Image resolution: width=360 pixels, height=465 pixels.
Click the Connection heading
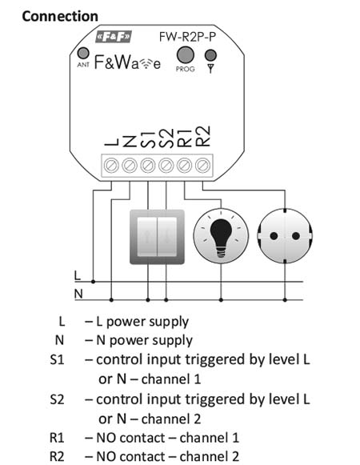(60, 16)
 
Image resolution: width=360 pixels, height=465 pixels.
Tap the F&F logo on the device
(114, 37)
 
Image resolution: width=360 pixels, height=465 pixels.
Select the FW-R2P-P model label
(187, 37)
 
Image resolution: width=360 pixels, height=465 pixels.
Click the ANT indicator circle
(83, 54)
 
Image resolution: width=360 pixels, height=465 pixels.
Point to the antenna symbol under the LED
(210, 68)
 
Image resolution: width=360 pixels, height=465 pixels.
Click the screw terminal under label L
(111, 165)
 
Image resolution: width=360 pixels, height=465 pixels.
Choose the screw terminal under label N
(130, 165)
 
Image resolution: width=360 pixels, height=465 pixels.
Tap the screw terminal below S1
(148, 165)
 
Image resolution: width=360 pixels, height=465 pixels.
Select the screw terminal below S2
(166, 165)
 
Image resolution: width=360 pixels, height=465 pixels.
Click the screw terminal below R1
(184, 165)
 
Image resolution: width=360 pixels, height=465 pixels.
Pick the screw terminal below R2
(202, 165)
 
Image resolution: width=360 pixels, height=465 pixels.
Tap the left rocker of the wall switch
(146, 237)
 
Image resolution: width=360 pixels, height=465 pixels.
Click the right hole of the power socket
(296, 236)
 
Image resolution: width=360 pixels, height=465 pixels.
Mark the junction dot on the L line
(93, 282)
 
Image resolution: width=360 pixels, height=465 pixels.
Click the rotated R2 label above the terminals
(203, 136)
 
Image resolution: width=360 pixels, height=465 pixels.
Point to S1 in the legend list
(57, 359)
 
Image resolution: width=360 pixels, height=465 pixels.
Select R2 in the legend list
(57, 456)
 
